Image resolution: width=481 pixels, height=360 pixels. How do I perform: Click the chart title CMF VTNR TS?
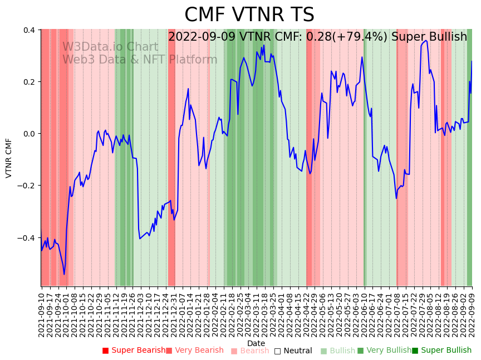pos(249,15)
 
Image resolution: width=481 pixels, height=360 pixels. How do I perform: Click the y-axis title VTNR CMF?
pos(9,158)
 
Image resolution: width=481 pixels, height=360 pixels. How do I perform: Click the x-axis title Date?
pos(256,343)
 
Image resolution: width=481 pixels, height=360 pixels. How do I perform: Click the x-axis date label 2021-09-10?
pos(41,313)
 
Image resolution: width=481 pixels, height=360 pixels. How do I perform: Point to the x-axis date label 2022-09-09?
pos(472,313)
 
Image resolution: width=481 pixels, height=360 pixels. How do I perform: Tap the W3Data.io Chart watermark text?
pos(110,47)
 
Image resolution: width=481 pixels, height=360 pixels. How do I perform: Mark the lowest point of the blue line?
pos(64,274)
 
